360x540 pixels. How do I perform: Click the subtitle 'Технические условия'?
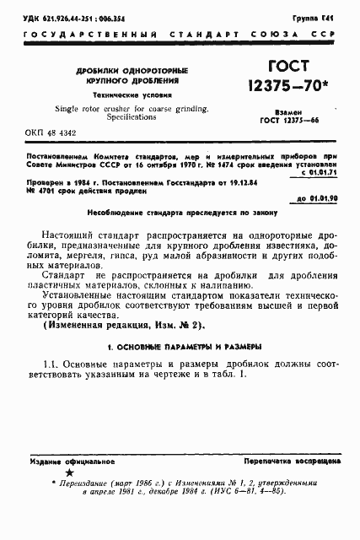pos(128,96)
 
